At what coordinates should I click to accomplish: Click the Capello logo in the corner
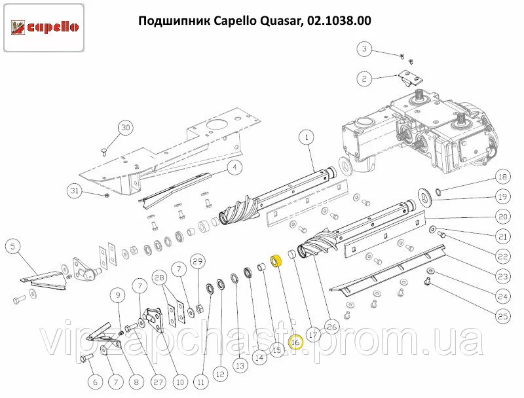(x=44, y=27)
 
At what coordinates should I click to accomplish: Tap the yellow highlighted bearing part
(x=276, y=261)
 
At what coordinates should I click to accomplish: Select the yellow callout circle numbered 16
(x=295, y=342)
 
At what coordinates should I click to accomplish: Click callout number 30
(x=125, y=128)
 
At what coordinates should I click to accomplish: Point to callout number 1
(x=307, y=137)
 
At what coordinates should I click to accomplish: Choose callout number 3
(x=364, y=49)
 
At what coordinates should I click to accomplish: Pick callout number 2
(x=364, y=79)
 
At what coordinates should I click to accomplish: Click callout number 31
(x=74, y=190)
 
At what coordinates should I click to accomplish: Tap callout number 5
(x=13, y=247)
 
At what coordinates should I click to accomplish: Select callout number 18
(x=503, y=177)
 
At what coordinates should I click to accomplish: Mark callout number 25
(x=503, y=317)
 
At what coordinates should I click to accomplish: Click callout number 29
(x=198, y=261)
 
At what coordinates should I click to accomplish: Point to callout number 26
(x=331, y=327)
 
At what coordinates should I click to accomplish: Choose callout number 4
(x=234, y=167)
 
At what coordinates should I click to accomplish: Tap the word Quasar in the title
(x=280, y=21)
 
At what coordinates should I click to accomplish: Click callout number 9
(x=118, y=295)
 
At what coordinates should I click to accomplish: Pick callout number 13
(x=240, y=366)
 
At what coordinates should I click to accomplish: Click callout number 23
(x=503, y=277)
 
